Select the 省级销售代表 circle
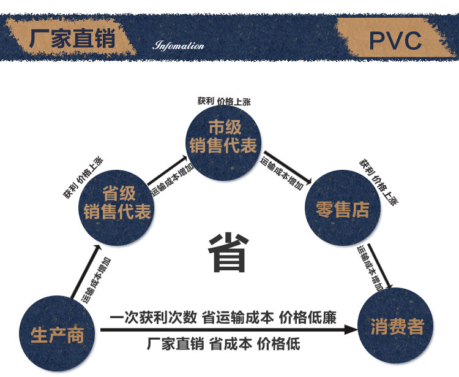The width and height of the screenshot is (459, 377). click(x=118, y=204)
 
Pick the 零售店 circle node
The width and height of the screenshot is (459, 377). click(x=343, y=208)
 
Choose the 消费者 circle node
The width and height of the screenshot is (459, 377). click(x=397, y=326)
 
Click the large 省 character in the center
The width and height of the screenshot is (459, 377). click(x=227, y=253)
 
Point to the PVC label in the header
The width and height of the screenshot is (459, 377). click(x=395, y=40)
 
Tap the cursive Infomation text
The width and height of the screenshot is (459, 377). click(x=178, y=46)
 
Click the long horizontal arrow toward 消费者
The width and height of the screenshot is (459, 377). click(x=226, y=330)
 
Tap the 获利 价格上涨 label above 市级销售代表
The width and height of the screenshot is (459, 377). click(x=224, y=101)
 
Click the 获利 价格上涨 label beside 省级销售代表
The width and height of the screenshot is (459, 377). click(x=83, y=178)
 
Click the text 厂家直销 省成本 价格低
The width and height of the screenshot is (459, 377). click(x=224, y=343)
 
